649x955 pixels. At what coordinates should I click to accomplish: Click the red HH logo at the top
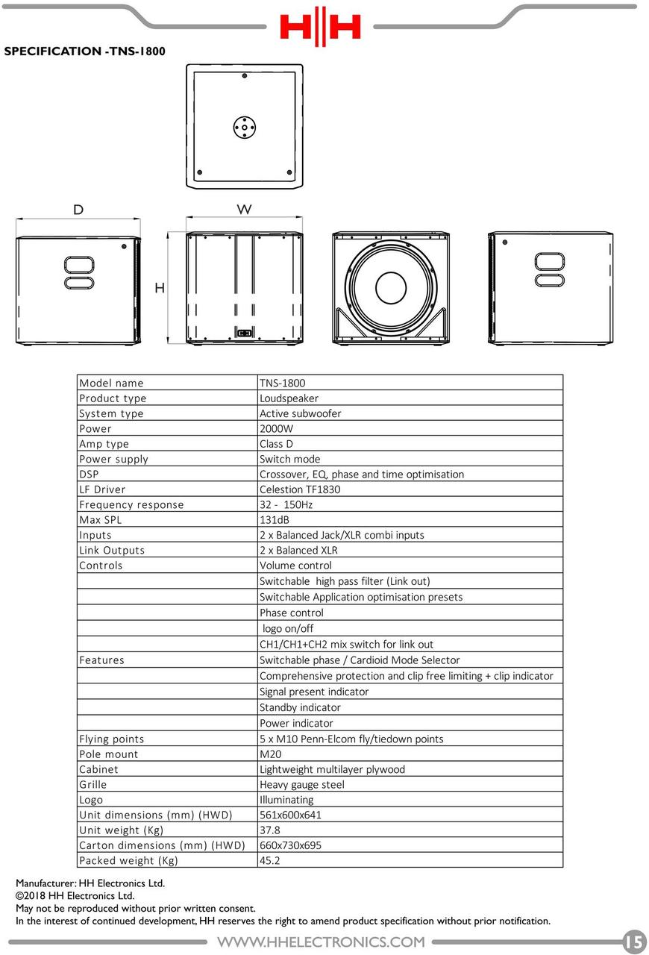pyautogui.click(x=320, y=27)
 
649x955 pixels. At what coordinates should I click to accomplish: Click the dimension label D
pyautogui.click(x=78, y=210)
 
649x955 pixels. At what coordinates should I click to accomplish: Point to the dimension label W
pyautogui.click(x=244, y=210)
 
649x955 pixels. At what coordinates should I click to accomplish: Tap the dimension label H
pyautogui.click(x=160, y=288)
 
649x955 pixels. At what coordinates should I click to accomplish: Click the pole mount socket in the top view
pyautogui.click(x=244, y=127)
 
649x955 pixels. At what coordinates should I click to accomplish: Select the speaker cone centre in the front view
pyautogui.click(x=390, y=288)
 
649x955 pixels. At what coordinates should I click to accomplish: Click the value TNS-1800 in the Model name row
pyautogui.click(x=282, y=383)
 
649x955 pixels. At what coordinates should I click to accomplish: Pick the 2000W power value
pyautogui.click(x=276, y=429)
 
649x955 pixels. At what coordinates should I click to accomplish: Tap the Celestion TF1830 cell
pyautogui.click(x=300, y=489)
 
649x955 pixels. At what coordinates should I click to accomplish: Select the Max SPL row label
pyautogui.click(x=100, y=520)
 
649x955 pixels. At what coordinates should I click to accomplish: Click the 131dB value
pyautogui.click(x=274, y=520)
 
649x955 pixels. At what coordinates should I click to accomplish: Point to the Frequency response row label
pyautogui.click(x=131, y=505)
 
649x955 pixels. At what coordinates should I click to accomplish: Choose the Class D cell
pyautogui.click(x=276, y=444)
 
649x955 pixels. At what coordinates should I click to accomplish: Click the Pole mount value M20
pyautogui.click(x=270, y=754)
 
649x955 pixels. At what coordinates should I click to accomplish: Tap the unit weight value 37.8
pyautogui.click(x=270, y=830)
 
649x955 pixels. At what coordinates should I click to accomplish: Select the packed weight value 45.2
pyautogui.click(x=270, y=861)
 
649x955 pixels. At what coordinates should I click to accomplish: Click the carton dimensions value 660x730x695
pyautogui.click(x=290, y=845)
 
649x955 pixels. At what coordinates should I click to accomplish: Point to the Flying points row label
pyautogui.click(x=112, y=739)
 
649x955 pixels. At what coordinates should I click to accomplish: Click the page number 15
pyautogui.click(x=635, y=942)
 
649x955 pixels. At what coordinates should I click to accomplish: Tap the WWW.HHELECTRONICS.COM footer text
pyautogui.click(x=321, y=942)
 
